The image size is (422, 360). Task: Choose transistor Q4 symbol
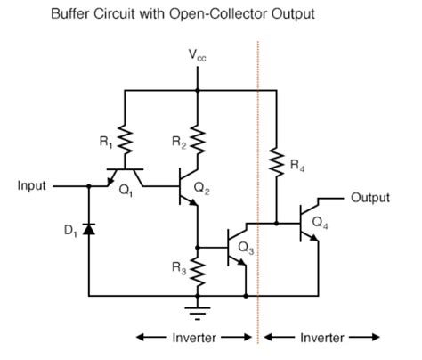tap(312, 223)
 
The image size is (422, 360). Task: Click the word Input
tap(34, 187)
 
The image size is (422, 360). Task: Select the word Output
tap(370, 197)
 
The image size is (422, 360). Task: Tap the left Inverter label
tap(191, 337)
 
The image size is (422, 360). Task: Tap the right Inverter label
tap(321, 337)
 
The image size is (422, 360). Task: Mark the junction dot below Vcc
tap(198, 90)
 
